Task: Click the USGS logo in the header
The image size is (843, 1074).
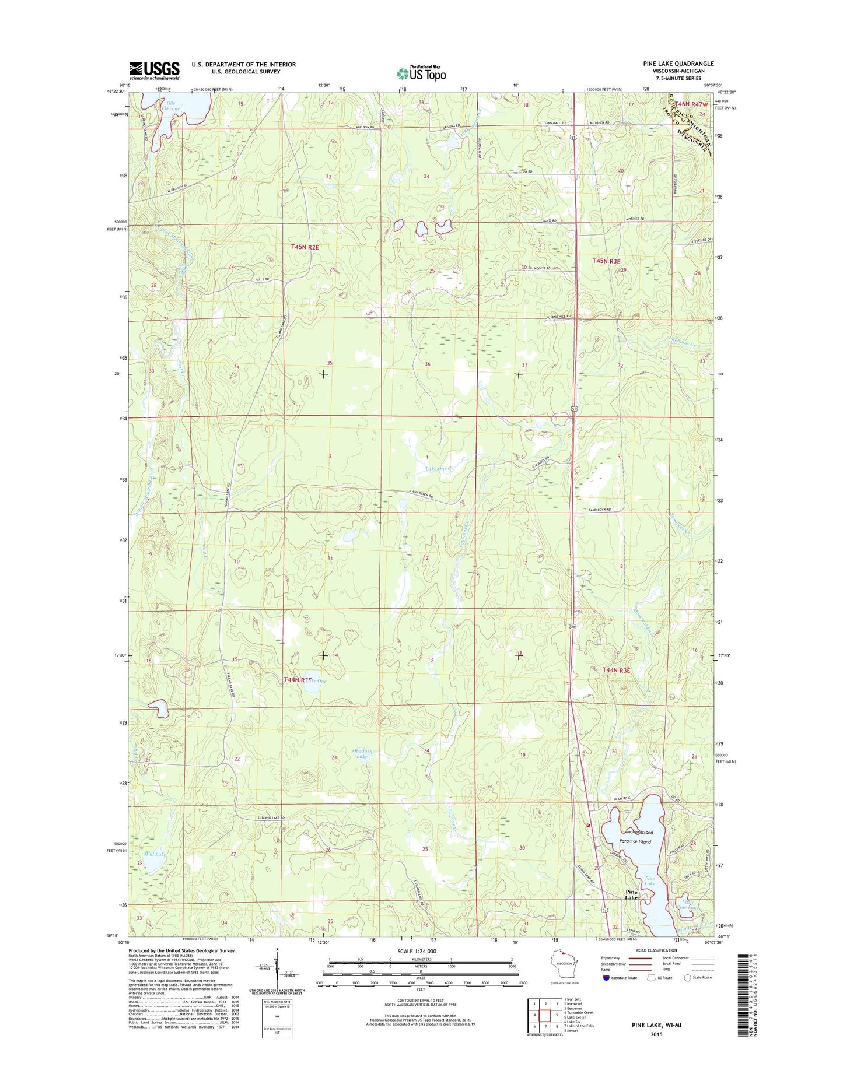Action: point(155,71)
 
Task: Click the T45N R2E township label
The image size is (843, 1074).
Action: point(305,247)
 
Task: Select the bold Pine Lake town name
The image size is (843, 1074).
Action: point(632,895)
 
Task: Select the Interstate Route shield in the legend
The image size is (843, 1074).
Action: point(607,978)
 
